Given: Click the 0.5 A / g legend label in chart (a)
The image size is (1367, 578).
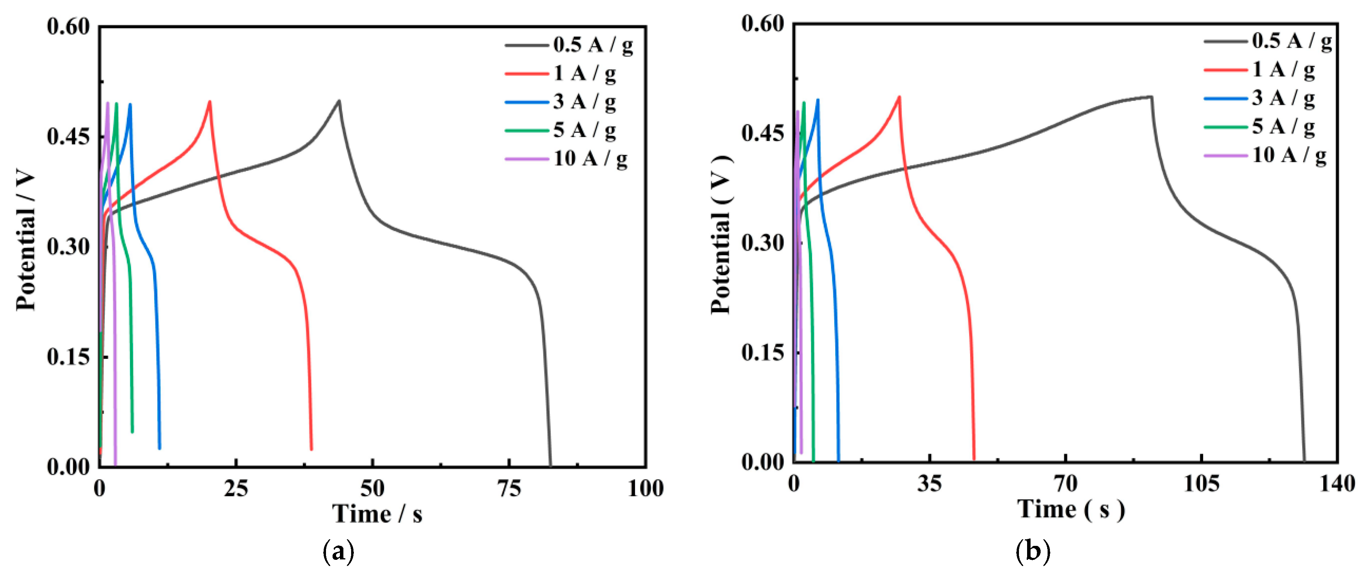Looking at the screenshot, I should (593, 45).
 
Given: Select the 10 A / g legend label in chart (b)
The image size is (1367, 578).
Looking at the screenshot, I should (1290, 155).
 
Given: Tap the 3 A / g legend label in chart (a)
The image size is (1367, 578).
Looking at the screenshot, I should (584, 101).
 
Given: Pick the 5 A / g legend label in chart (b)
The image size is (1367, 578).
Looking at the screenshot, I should (1283, 127).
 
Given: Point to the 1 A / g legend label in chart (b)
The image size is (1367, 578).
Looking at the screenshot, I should (1283, 69).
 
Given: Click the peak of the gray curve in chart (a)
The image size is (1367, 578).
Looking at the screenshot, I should (339, 100).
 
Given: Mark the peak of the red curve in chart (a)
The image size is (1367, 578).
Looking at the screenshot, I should (210, 101).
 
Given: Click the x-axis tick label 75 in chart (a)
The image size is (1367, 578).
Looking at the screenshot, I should (509, 488).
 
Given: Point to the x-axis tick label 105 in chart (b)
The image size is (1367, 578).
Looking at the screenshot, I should (1201, 484).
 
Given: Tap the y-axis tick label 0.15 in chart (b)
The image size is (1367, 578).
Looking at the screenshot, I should (763, 352).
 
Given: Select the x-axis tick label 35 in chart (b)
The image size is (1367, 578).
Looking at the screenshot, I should (930, 484).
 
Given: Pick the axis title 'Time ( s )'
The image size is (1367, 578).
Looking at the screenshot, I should (1071, 509).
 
